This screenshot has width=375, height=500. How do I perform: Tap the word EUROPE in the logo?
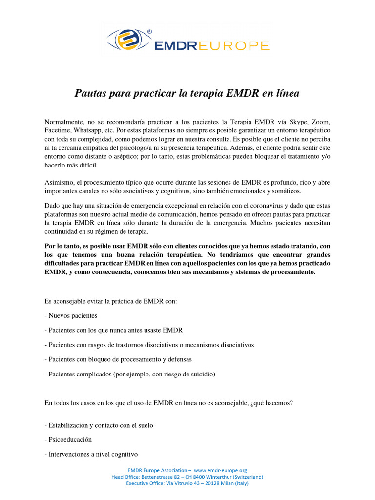point(237,46)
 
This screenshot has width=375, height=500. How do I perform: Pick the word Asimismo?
point(59,182)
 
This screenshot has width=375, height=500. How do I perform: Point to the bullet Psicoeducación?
point(70,439)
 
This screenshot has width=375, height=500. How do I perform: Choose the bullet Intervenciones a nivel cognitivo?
point(91,454)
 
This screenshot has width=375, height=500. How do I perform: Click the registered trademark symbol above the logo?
point(149,32)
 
